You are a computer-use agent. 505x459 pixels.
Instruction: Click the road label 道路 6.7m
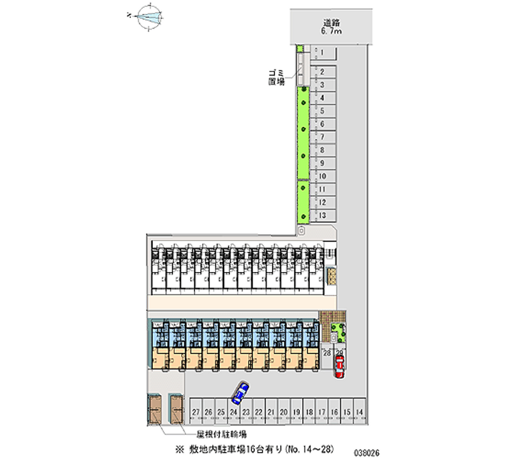pos(331,26)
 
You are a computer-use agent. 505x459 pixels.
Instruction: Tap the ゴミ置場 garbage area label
pos(276,78)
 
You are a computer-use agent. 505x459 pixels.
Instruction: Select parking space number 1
pos(323,52)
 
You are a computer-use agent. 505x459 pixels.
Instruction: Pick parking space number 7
pos(323,137)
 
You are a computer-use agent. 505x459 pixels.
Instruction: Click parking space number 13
pos(323,216)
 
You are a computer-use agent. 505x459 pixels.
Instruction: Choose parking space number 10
pos(323,176)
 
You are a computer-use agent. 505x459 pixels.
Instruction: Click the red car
pos(340,366)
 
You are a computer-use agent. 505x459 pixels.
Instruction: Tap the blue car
pos(240,393)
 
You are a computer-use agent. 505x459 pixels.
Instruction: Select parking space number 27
pos(196,412)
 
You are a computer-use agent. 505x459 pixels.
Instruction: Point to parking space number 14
pos(359,412)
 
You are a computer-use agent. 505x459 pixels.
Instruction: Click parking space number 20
pos(284,412)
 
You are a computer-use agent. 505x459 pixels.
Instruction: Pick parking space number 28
pos(327,353)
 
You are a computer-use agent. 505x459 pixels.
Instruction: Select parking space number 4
pos(323,98)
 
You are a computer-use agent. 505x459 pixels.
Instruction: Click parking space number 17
pos(321,412)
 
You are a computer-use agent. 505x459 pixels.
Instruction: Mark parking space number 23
pos(246,412)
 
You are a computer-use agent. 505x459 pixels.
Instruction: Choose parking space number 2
pos(323,72)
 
